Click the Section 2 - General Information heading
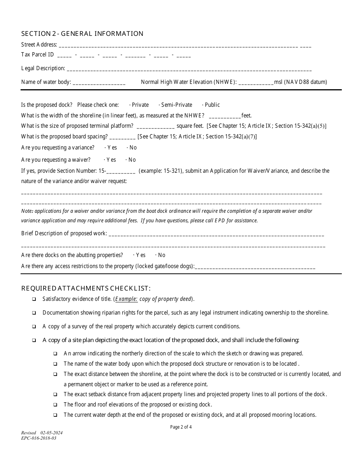[82, 34]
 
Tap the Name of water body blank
[99, 82]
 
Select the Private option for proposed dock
[130, 105]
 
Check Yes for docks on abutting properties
[134, 255]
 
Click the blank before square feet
[155, 127]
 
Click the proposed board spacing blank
[122, 137]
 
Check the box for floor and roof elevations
[55, 405]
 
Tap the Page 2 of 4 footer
[181, 427]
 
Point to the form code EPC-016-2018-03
[38, 438]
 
